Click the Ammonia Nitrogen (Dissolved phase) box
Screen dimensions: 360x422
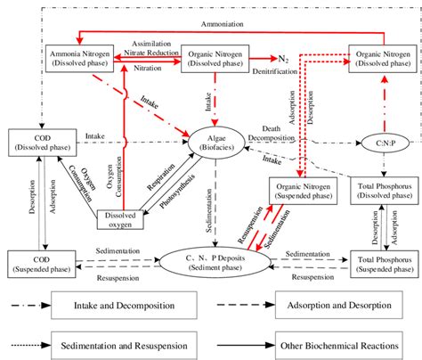tap(76, 58)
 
